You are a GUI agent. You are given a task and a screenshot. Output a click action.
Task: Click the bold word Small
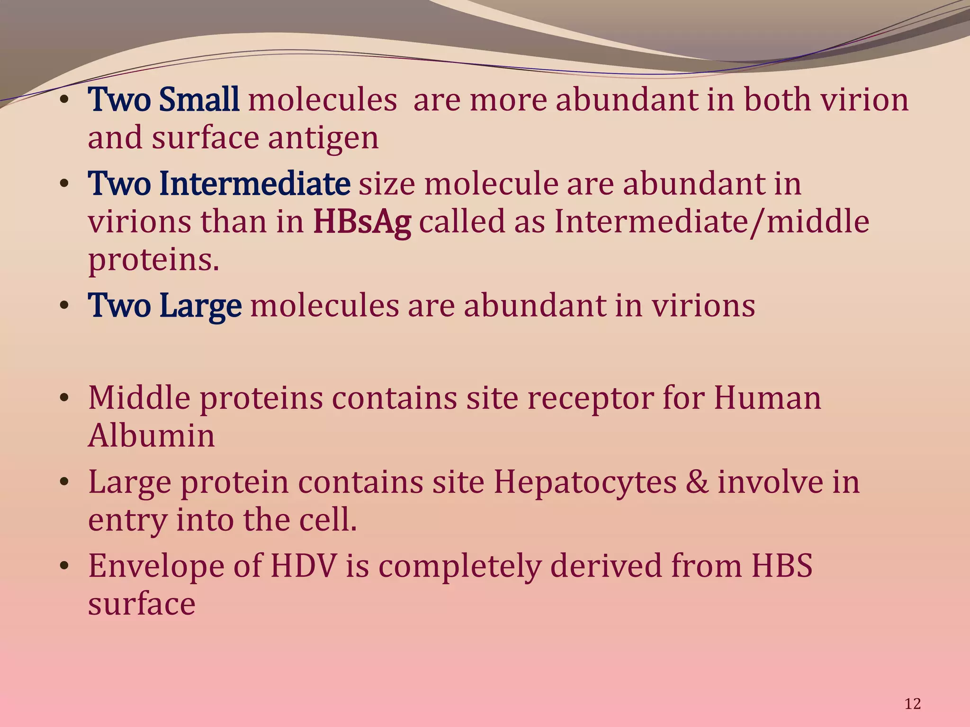[199, 100]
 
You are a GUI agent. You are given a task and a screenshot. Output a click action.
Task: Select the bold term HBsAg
[362, 222]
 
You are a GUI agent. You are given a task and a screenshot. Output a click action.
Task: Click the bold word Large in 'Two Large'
[200, 306]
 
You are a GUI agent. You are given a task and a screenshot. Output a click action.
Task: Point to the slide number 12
[912, 704]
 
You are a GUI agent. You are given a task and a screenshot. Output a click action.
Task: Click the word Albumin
[152, 435]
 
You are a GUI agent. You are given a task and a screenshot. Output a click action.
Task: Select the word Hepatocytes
[585, 483]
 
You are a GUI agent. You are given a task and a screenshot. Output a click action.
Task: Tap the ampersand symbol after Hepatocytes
[697, 483]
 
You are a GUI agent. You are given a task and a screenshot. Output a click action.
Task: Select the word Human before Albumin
[767, 398]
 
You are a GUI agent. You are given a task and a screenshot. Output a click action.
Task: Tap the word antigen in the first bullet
[323, 139]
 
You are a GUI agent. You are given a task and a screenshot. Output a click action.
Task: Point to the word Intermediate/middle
[712, 222]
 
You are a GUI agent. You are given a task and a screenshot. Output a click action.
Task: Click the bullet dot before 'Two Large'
[64, 306]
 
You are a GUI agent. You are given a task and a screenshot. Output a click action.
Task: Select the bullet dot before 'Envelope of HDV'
[64, 566]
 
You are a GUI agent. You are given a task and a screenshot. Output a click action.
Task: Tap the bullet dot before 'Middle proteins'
[64, 398]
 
